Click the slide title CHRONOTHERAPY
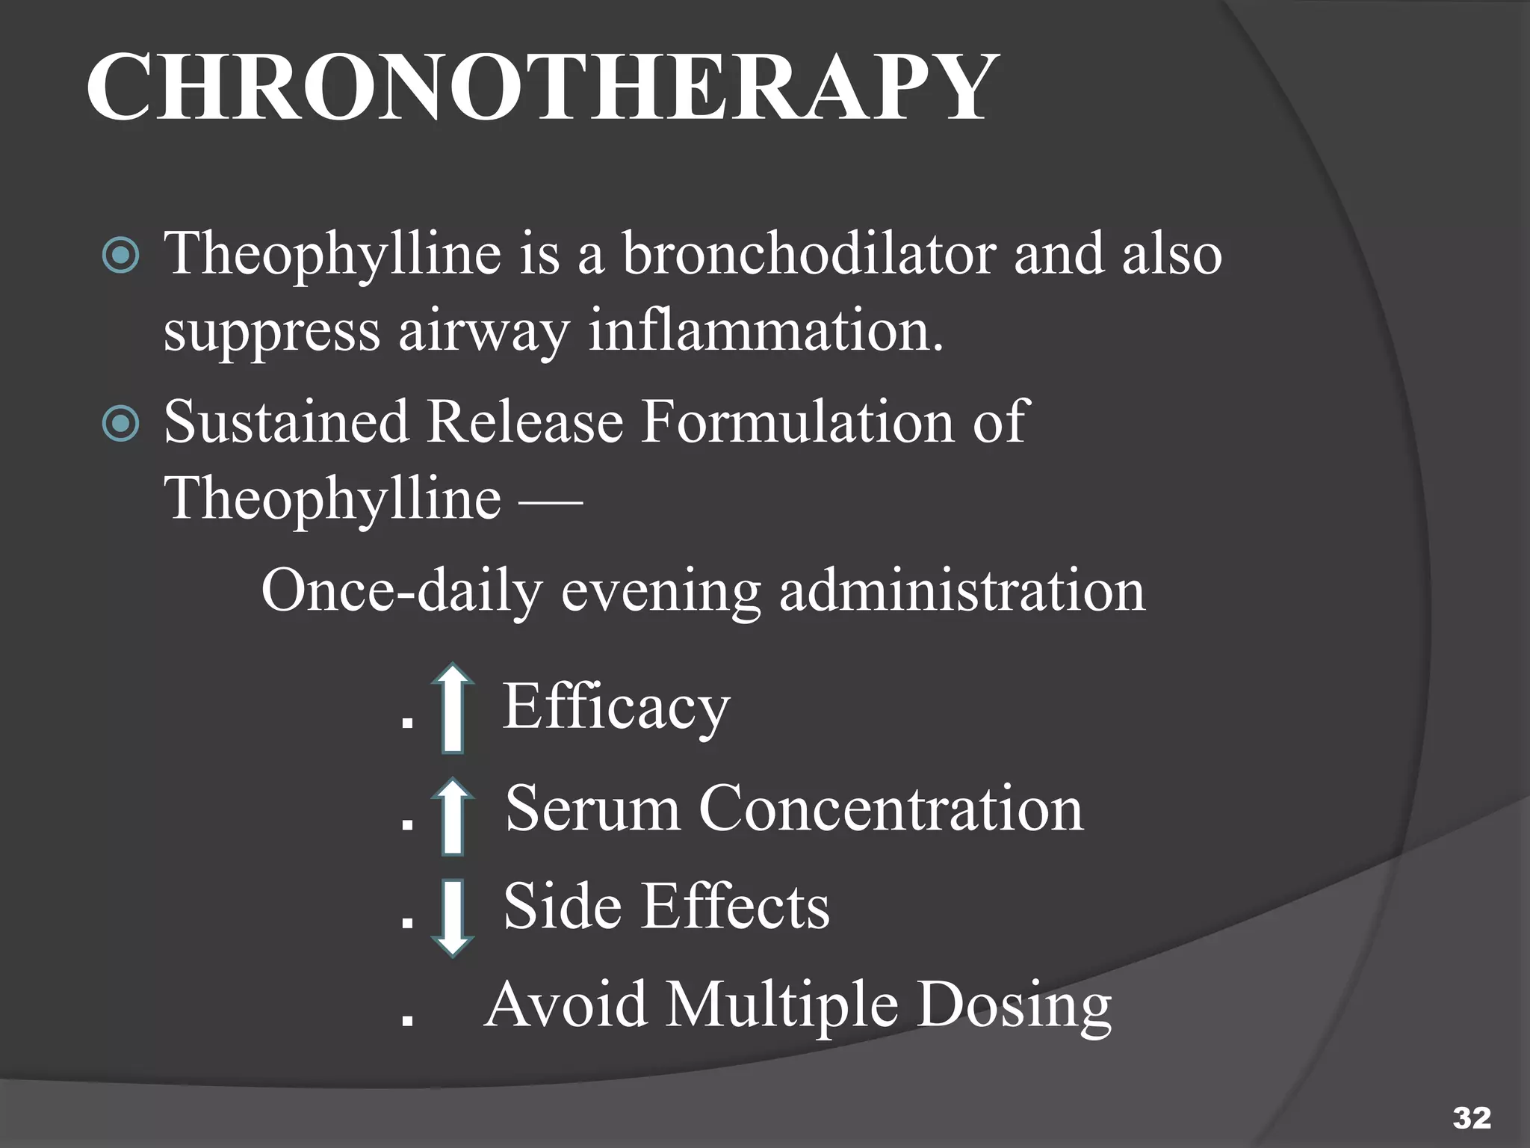tap(542, 88)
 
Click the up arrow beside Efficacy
tap(453, 707)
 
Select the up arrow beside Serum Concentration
tap(453, 815)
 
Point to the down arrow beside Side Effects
tap(453, 919)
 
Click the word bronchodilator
tap(809, 254)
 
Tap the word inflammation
tap(766, 331)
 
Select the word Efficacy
tap(616, 706)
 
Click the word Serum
tap(592, 808)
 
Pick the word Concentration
tap(891, 808)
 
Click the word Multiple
tap(782, 1004)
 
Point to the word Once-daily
tap(401, 591)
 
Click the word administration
tap(962, 591)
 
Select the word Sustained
tap(286, 422)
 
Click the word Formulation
tap(797, 422)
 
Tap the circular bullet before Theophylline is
tap(120, 256)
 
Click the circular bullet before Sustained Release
tap(120, 424)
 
